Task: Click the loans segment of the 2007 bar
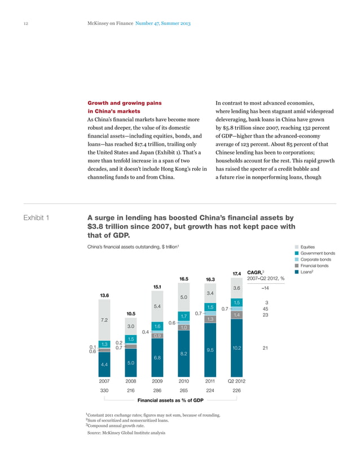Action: pyautogui.click(x=104, y=364)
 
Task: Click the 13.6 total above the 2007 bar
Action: pyautogui.click(x=104, y=295)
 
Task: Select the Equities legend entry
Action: pyautogui.click(x=308, y=247)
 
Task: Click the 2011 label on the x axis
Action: pyautogui.click(x=210, y=381)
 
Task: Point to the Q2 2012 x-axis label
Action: pyautogui.click(x=236, y=381)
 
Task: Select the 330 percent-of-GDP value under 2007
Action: pyautogui.click(x=104, y=390)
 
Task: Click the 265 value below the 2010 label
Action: pyautogui.click(x=183, y=390)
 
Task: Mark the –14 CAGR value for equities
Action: pyautogui.click(x=265, y=288)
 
